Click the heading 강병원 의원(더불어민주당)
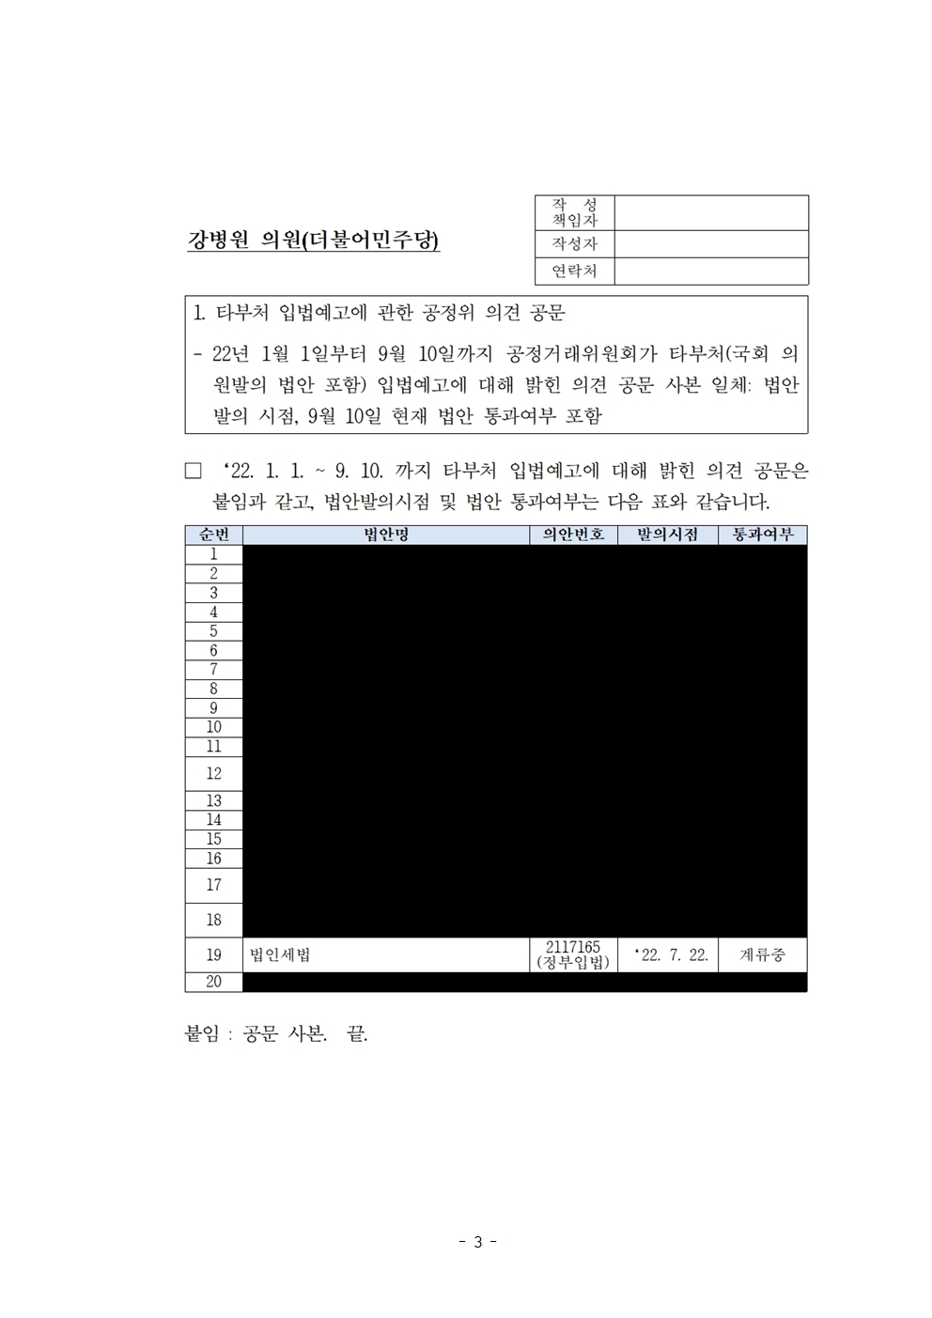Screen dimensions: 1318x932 [x=314, y=240]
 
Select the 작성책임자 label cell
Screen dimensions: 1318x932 [x=574, y=212]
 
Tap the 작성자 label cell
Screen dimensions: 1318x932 [x=574, y=244]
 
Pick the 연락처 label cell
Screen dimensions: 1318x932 [x=574, y=271]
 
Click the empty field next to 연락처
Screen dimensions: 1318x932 [x=710, y=271]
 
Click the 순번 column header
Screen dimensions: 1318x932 [x=213, y=535]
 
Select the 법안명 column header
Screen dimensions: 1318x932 [x=386, y=535]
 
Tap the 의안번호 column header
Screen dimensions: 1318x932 [x=573, y=535]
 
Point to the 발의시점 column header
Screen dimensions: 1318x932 [x=667, y=535]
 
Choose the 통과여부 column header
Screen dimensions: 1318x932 [x=762, y=535]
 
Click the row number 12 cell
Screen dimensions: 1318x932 [x=213, y=773]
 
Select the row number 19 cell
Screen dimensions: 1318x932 [x=213, y=954]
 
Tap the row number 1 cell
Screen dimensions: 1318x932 [x=213, y=554]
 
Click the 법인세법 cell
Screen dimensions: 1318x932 [x=280, y=955]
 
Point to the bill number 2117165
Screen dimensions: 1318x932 [x=573, y=947]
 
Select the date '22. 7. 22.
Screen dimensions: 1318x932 [x=671, y=955]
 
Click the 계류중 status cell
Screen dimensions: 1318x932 [x=762, y=955]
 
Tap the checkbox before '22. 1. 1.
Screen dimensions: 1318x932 [x=194, y=471]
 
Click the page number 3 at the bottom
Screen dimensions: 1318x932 [x=477, y=1242]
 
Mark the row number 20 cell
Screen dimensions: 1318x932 [x=213, y=982]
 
